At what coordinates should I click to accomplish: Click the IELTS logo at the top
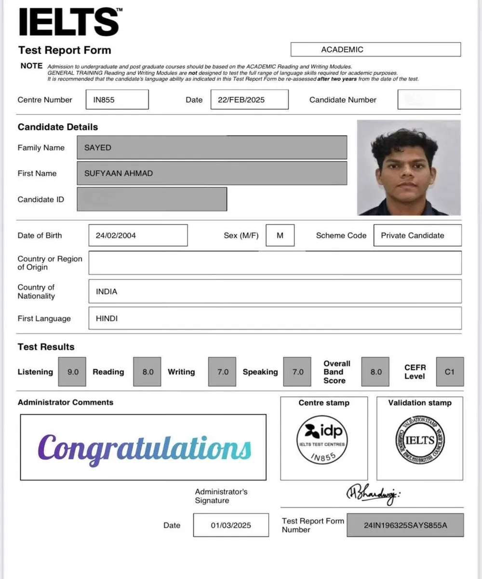point(68,22)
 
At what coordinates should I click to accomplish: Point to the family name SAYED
point(98,148)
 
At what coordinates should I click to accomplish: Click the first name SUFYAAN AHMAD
point(119,173)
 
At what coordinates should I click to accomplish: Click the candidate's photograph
point(409,167)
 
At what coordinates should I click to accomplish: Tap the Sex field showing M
point(280,235)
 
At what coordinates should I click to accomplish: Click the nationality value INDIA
point(107,291)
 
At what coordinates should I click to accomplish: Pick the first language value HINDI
point(107,318)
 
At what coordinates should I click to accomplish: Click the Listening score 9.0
point(72,372)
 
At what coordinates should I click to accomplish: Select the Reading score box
point(147,372)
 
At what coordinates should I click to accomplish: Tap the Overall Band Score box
point(375,372)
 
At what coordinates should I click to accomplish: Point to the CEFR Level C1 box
point(450,372)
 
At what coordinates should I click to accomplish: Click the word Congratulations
point(144,448)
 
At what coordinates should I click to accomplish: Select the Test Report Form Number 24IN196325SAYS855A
point(405,525)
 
